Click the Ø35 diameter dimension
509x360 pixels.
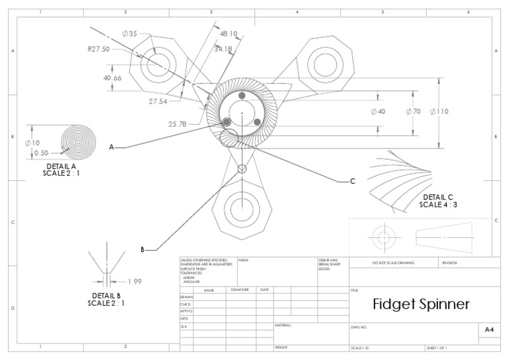point(129,34)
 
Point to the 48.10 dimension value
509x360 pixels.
point(229,33)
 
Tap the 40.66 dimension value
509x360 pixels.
point(113,78)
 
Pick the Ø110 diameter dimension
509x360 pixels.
point(439,111)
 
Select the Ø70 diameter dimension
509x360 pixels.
point(412,111)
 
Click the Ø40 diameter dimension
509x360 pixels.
point(377,111)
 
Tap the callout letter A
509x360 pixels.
point(112,147)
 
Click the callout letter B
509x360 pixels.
point(142,250)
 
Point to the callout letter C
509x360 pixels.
point(353,181)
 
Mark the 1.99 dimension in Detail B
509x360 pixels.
point(135,280)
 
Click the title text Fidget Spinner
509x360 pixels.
point(421,304)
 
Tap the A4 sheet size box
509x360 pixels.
point(489,330)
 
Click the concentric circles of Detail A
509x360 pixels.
point(80,141)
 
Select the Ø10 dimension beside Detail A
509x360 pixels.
point(32,142)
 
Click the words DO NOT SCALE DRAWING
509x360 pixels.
point(393,263)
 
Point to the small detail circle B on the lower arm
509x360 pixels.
point(243,168)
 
